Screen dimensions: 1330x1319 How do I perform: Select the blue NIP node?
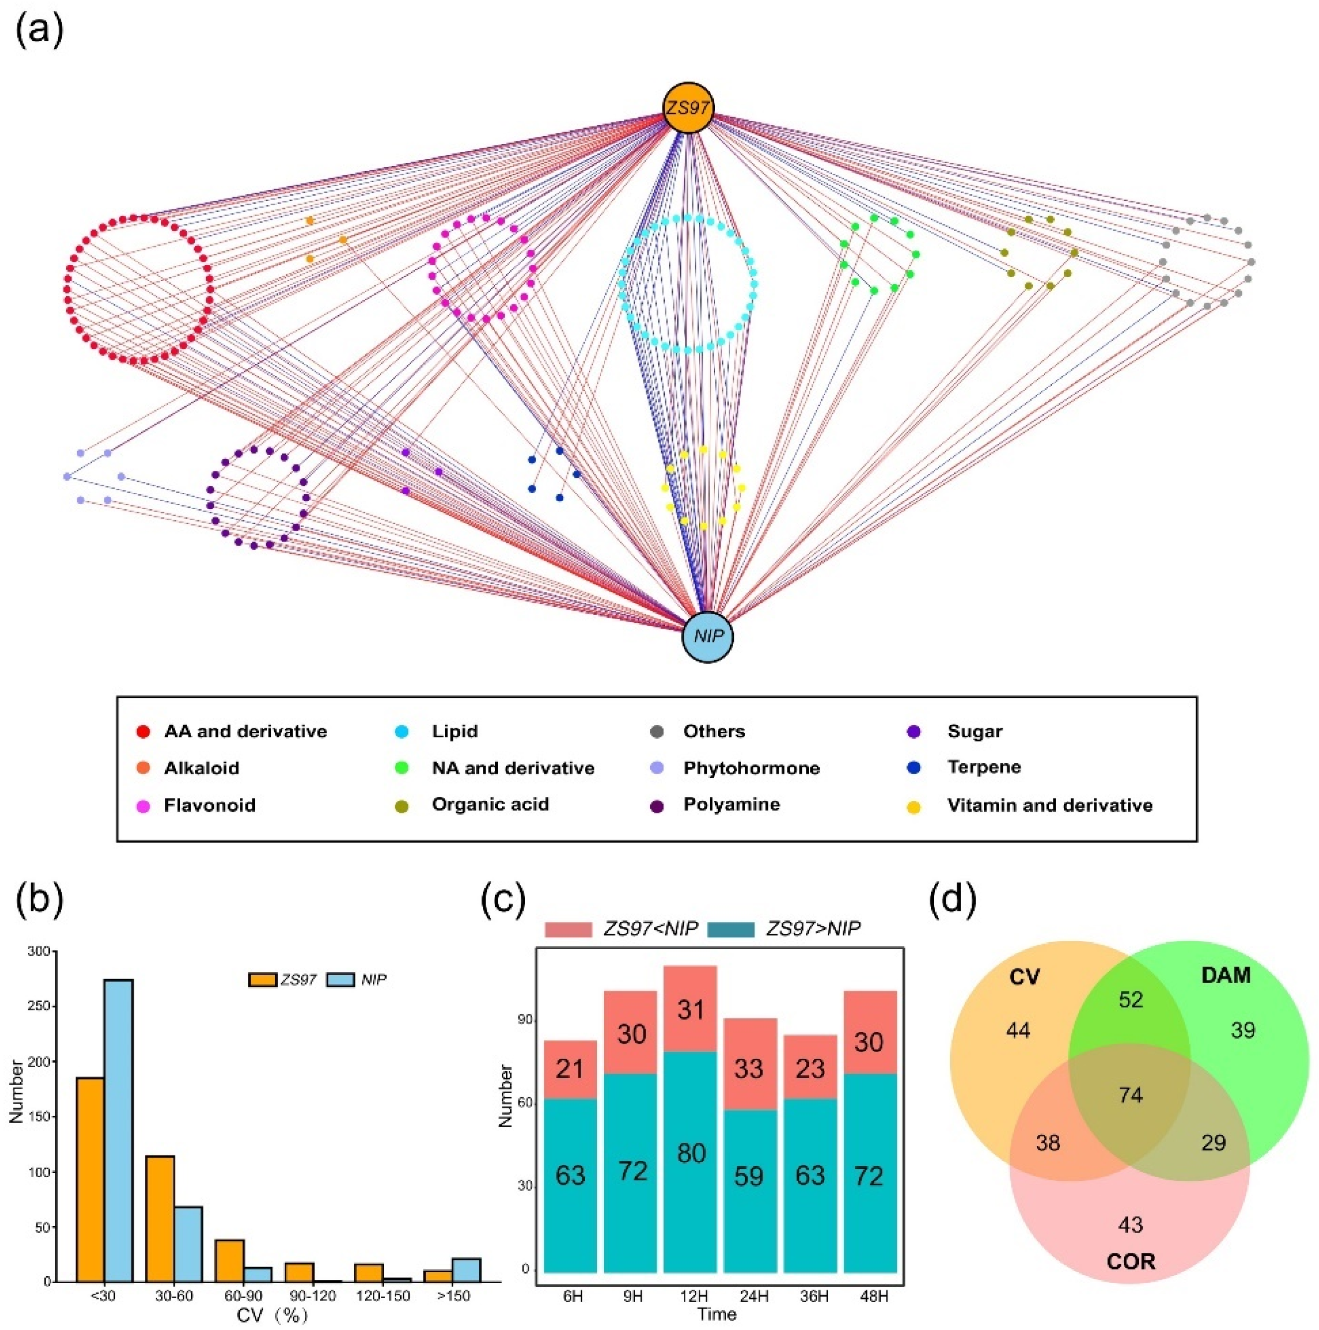[x=708, y=637]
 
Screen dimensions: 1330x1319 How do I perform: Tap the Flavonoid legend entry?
[x=209, y=805]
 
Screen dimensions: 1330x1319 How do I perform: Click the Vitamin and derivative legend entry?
[x=1049, y=805]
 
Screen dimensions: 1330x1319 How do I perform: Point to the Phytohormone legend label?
[x=751, y=768]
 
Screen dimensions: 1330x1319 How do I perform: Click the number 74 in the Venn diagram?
[x=1130, y=1095]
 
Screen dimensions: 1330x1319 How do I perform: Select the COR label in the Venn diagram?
[x=1130, y=1261]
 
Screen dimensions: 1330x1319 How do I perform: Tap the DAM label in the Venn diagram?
[x=1225, y=976]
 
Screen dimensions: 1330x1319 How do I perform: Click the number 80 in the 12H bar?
[x=690, y=1153]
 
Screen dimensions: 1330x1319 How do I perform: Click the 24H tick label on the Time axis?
[x=753, y=1296]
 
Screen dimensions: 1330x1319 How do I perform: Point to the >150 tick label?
[x=452, y=1296]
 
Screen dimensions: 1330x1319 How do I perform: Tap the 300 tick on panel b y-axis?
[x=39, y=951]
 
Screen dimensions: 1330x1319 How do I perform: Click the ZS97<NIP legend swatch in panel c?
[x=568, y=929]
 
